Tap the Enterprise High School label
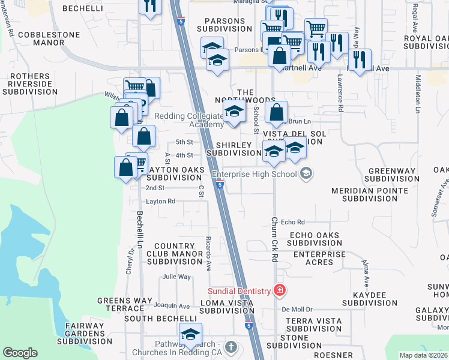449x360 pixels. point(255,175)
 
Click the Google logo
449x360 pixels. point(19,353)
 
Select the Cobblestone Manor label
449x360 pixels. point(49,39)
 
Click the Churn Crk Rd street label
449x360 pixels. point(274,239)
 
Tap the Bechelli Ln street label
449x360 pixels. point(139,229)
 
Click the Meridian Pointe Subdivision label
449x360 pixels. point(370,194)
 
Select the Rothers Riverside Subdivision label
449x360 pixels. point(30,84)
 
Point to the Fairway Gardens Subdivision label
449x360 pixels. point(85,334)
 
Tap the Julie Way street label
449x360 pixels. point(176,277)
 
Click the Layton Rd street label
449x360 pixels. point(160,202)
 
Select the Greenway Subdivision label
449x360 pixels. point(391,175)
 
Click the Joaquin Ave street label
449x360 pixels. point(172,306)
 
